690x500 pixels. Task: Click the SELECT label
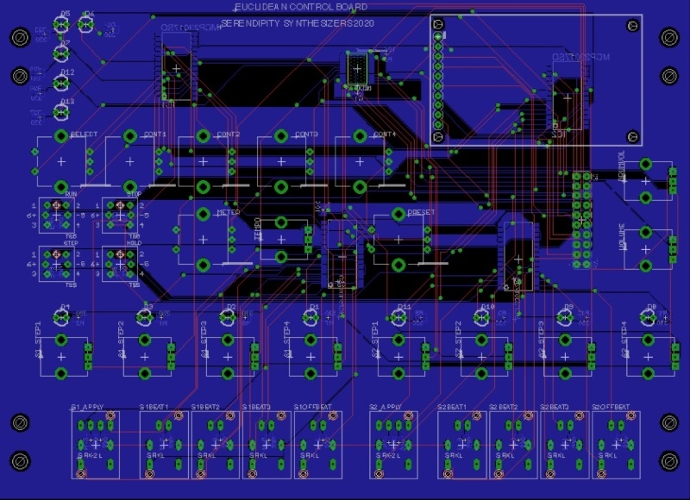tap(84, 135)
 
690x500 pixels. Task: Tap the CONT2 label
tap(229, 135)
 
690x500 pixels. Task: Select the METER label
tap(228, 212)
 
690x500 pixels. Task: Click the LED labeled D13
tap(61, 111)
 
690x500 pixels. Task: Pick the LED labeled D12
tap(61, 82)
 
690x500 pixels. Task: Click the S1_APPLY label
tap(87, 406)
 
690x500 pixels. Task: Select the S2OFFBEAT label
tap(612, 406)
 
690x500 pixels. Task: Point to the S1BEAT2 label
tap(206, 406)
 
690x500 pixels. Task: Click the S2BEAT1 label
tap(453, 406)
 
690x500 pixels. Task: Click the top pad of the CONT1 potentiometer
tap(129, 136)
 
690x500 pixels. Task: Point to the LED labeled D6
tap(86, 24)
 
